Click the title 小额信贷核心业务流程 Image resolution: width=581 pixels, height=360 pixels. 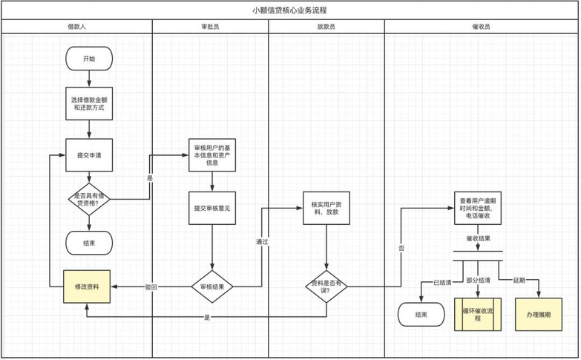click(289, 10)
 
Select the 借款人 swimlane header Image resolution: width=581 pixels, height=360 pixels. click(76, 27)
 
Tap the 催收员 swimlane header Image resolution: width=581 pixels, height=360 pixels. click(482, 27)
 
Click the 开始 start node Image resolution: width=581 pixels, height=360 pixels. click(89, 59)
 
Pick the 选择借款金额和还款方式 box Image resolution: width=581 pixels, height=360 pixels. click(89, 104)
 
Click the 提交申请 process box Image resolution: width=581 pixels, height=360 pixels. click(89, 155)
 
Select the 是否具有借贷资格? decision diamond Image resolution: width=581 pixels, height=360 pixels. click(89, 200)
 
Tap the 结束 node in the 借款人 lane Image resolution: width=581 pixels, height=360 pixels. click(89, 243)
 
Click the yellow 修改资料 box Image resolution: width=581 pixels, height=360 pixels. click(87, 287)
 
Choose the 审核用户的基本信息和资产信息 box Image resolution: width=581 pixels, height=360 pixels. click(212, 155)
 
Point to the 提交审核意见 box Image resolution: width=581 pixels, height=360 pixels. click(212, 209)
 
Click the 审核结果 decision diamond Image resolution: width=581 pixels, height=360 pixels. click(212, 287)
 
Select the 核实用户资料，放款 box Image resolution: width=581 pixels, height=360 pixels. click(326, 209)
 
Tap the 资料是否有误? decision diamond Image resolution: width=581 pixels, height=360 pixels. click(326, 287)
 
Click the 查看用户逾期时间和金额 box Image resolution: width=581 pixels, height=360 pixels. click(478, 209)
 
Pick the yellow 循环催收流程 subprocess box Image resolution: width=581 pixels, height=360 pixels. click(478, 315)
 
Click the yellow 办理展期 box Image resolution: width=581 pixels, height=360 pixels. click(539, 315)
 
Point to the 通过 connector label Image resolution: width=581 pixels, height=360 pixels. click(262, 242)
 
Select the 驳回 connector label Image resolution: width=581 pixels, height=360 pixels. click(151, 287)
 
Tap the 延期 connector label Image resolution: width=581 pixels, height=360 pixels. click(519, 281)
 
